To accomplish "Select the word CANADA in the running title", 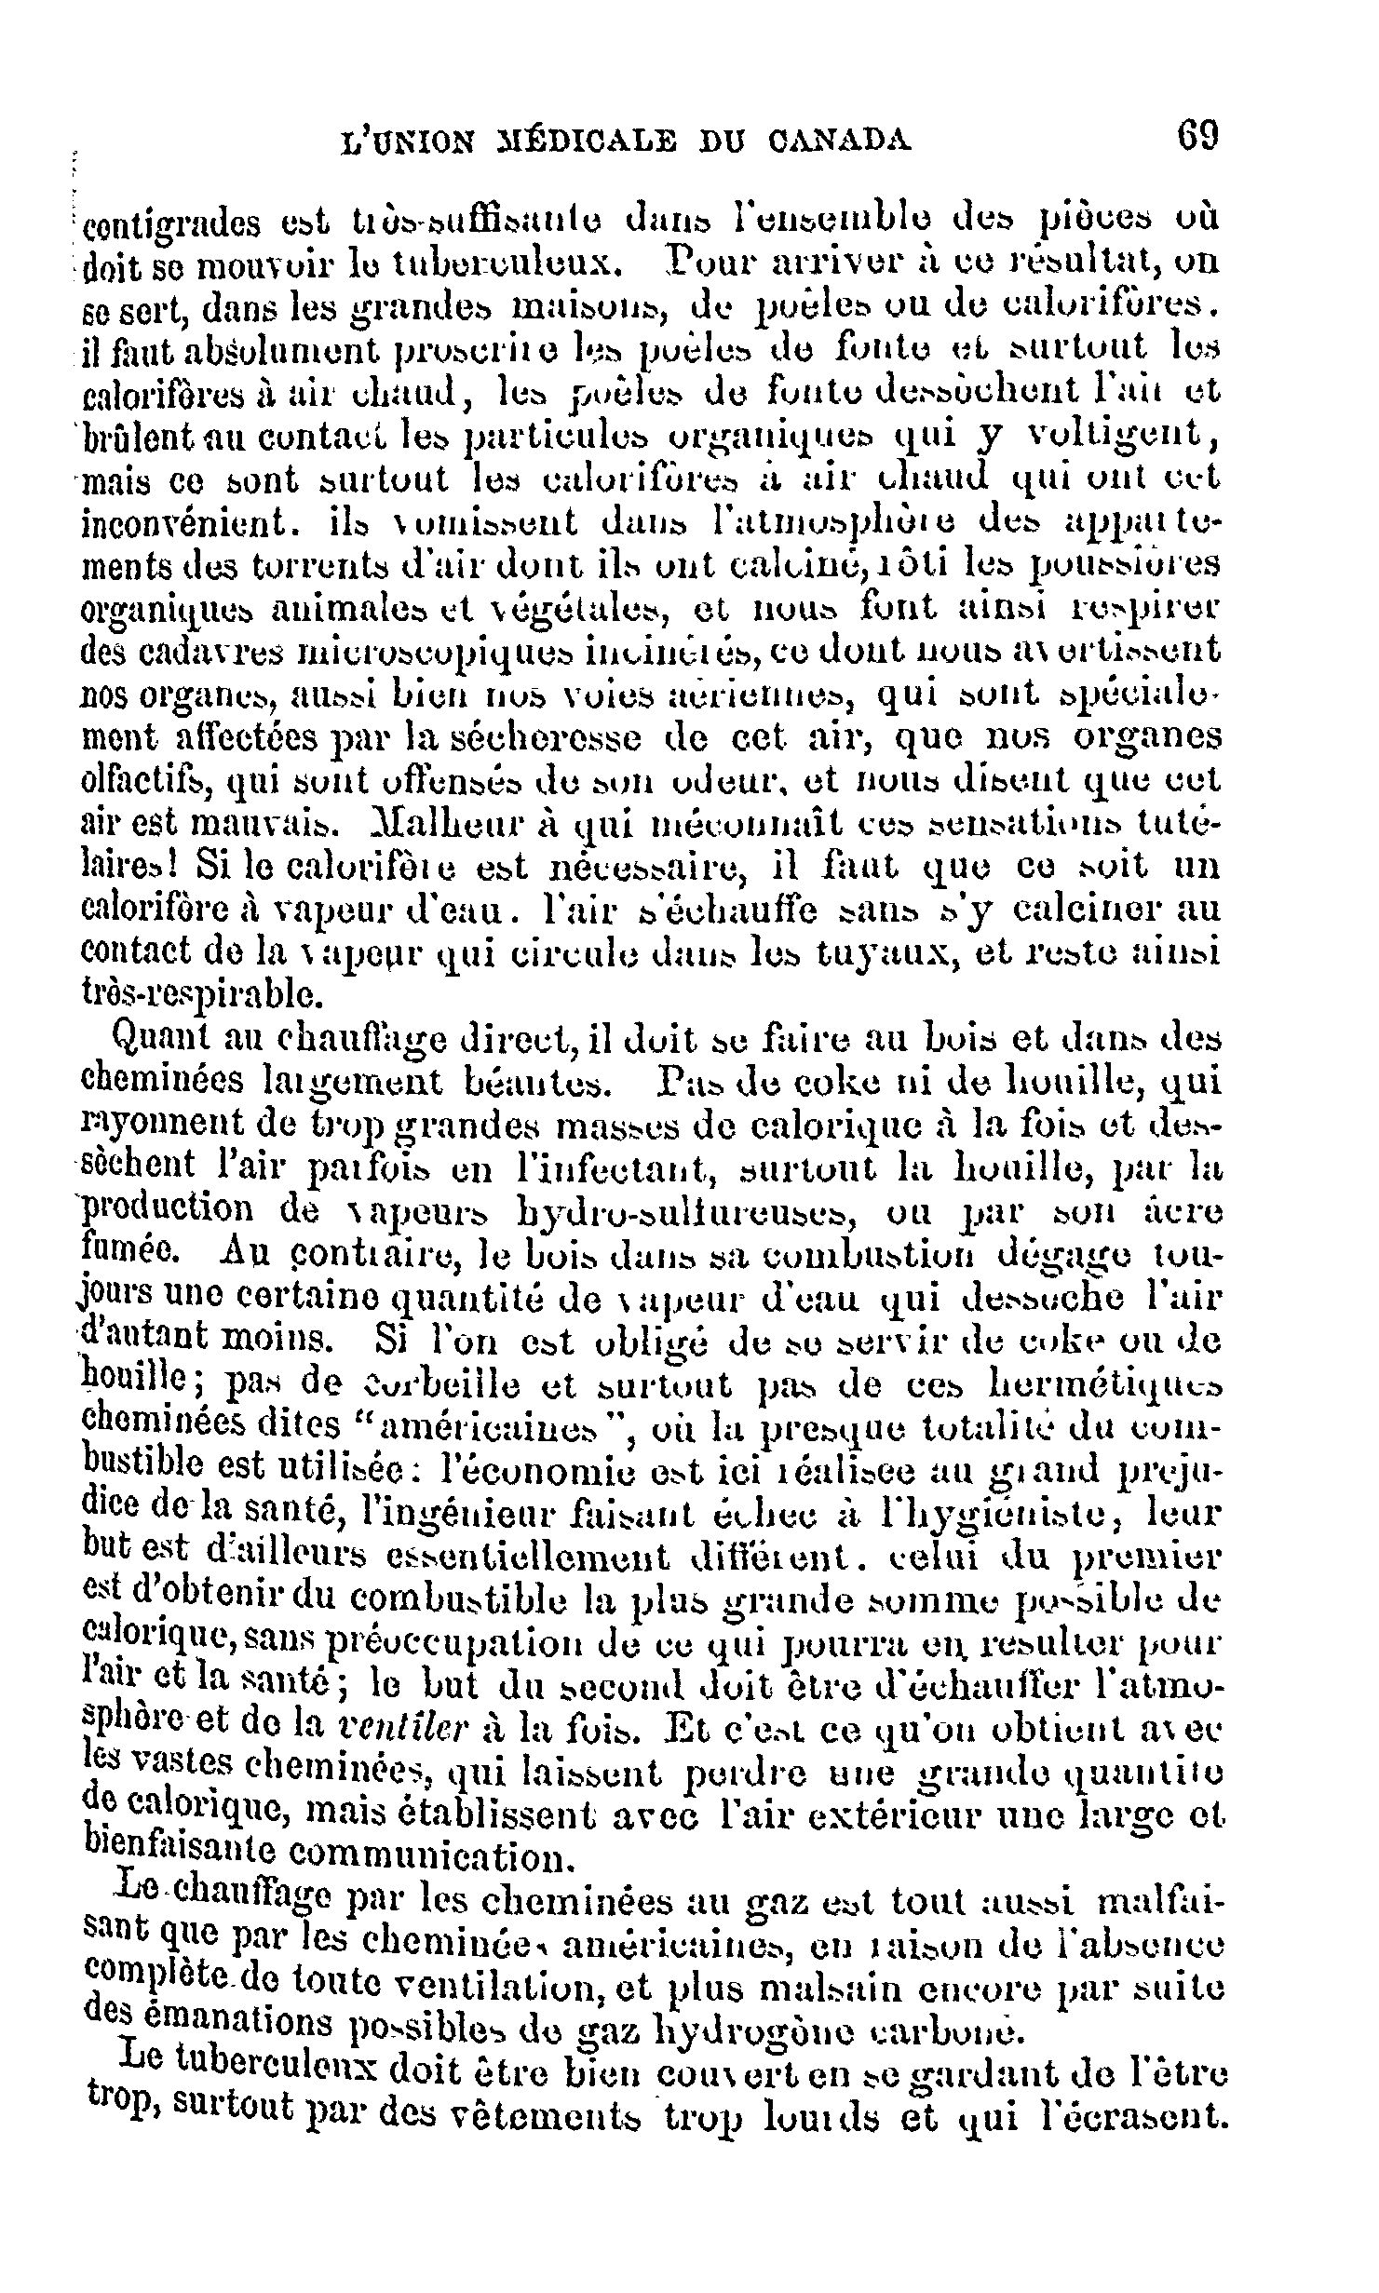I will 841,142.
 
